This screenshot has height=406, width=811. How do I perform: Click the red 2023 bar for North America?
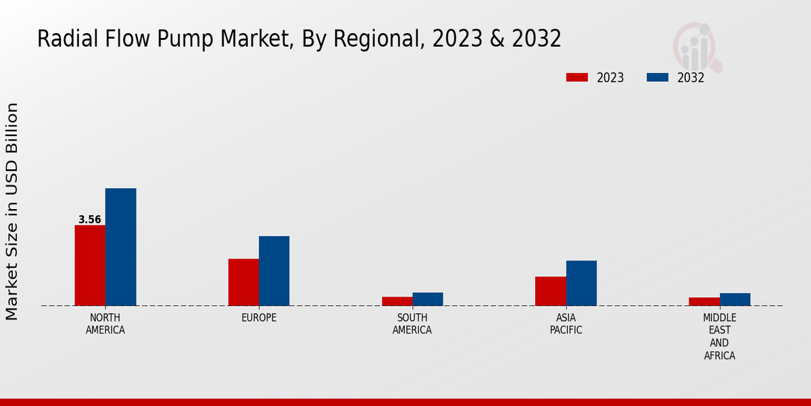click(x=90, y=265)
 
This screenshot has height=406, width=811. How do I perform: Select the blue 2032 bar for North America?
click(x=120, y=247)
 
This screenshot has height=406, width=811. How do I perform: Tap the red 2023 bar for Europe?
click(x=243, y=282)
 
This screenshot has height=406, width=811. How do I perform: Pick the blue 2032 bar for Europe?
click(x=274, y=271)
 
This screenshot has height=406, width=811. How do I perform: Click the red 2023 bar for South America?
click(x=397, y=301)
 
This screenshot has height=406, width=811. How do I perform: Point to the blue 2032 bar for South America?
click(x=428, y=299)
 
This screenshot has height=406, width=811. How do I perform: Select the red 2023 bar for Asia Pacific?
click(x=550, y=291)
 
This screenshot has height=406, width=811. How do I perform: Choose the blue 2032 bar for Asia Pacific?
click(x=581, y=283)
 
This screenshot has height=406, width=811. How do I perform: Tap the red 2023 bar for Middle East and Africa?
click(x=704, y=302)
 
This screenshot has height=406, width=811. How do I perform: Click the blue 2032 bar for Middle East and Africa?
click(x=735, y=299)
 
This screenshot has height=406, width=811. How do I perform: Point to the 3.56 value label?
click(x=90, y=220)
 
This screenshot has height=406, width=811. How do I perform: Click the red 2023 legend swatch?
click(x=576, y=77)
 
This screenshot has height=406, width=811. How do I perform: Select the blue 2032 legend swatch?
click(x=657, y=77)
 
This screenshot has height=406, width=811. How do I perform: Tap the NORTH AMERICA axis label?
click(x=105, y=324)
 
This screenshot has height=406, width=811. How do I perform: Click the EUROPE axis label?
click(x=259, y=318)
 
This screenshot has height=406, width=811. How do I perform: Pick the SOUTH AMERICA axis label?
click(x=412, y=324)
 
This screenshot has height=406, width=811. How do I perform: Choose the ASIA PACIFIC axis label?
click(x=566, y=324)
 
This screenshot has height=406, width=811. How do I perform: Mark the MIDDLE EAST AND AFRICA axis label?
click(x=720, y=336)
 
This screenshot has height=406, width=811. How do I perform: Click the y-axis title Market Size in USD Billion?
click(x=12, y=211)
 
